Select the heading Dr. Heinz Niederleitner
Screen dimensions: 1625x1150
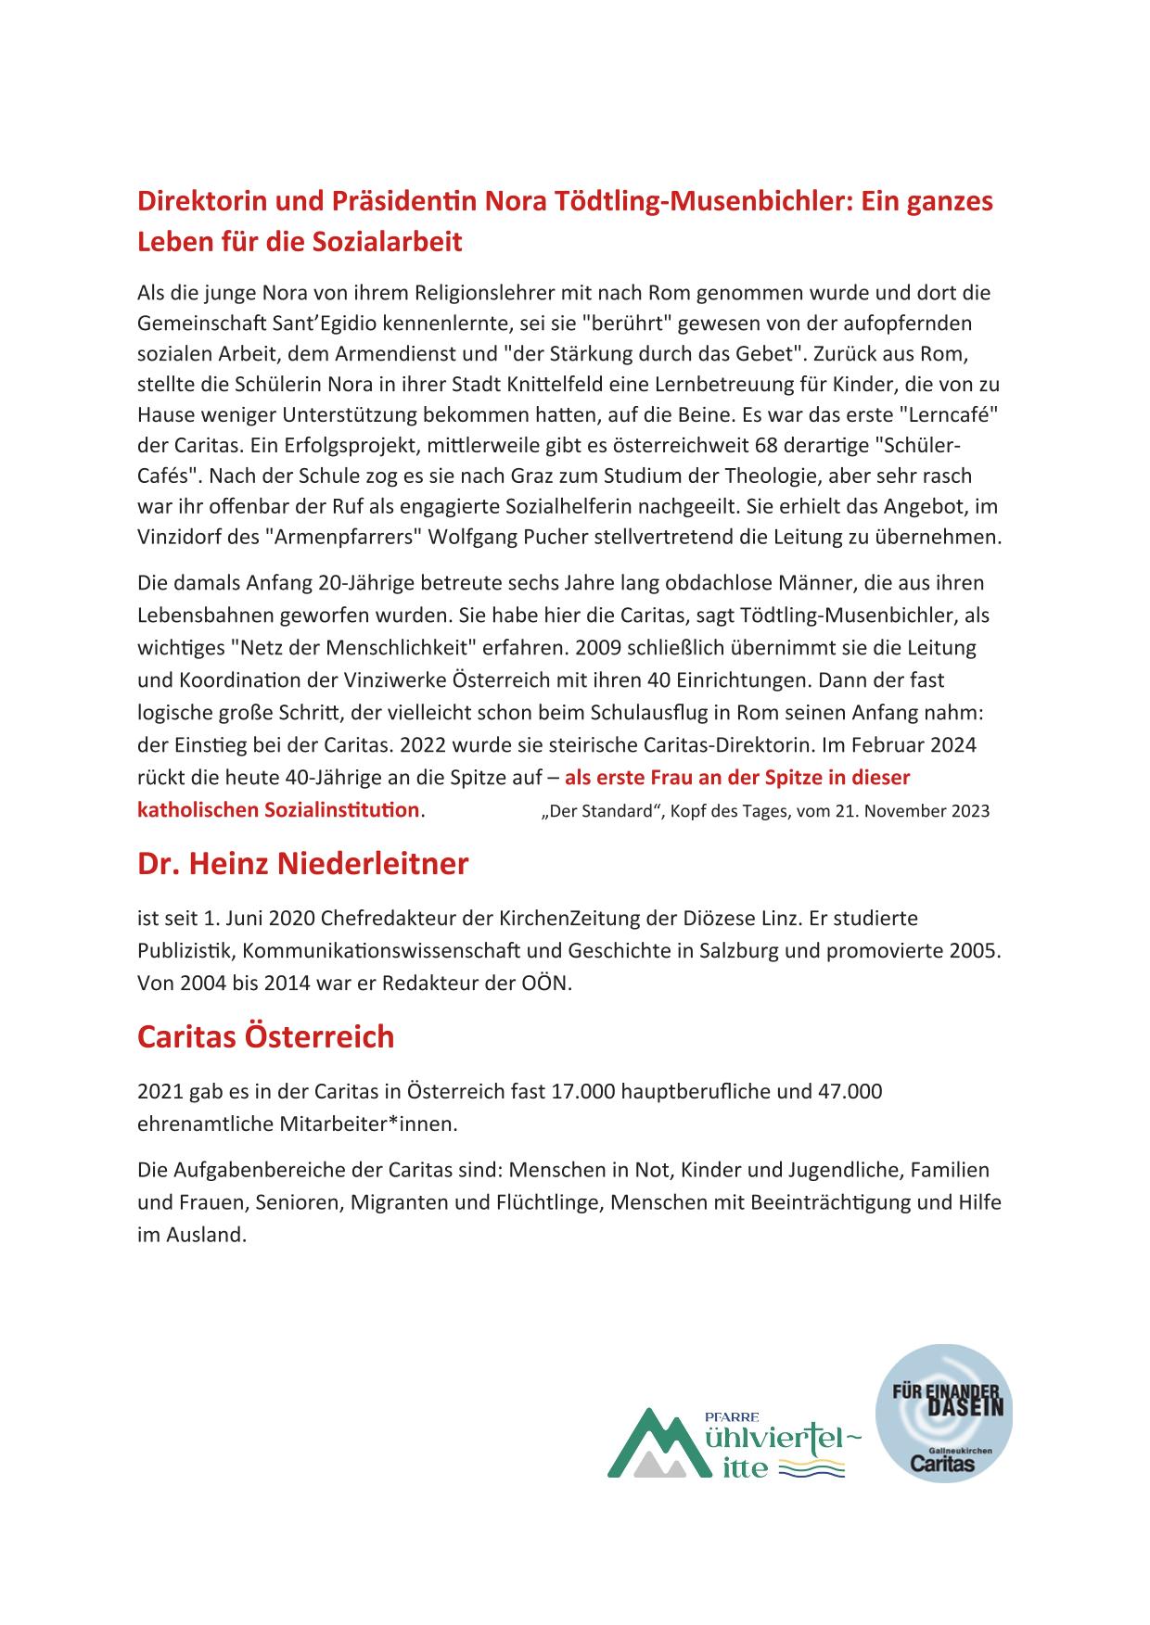[302, 864]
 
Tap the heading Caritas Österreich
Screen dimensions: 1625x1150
[265, 1036]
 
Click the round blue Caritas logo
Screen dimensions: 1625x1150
[943, 1413]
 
